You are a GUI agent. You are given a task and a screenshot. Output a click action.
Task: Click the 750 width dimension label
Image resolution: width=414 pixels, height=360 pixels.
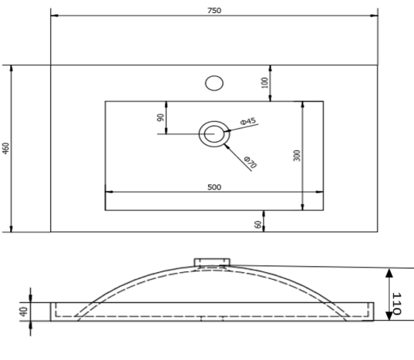point(214,11)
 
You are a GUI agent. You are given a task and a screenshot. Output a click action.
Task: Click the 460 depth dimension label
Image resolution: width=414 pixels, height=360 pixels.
point(5,148)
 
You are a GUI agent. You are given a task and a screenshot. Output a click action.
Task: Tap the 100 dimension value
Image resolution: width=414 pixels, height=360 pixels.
point(264,83)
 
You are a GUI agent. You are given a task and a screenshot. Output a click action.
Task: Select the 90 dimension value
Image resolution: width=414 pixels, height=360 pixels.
point(160,117)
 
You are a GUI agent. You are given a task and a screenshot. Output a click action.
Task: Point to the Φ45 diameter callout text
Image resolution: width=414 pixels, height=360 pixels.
point(248,121)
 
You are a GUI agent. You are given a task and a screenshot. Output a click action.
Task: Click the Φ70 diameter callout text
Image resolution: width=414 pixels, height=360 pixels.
point(250,162)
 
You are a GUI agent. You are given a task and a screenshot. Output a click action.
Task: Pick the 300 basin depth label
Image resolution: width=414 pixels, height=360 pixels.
point(297,155)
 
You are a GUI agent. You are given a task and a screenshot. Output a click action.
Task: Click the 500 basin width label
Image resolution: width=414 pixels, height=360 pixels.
point(214,187)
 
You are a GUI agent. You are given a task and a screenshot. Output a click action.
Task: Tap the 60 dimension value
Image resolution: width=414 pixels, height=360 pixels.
point(258,224)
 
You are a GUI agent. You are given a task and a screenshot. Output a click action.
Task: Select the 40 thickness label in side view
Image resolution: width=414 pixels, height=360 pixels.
point(24,311)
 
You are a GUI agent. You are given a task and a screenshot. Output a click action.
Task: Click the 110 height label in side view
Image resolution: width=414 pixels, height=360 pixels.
point(397,304)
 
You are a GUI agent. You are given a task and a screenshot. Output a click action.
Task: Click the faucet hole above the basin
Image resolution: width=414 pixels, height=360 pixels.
point(214,83)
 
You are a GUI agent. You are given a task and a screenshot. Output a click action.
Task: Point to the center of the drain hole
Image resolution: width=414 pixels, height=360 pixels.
point(214,134)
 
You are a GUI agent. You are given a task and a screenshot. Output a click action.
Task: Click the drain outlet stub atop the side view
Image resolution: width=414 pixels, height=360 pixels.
point(212,262)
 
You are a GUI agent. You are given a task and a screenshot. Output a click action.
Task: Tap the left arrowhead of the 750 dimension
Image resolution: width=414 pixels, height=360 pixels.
point(54,15)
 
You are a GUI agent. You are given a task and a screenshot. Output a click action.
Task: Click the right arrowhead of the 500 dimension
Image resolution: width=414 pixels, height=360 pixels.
point(319,192)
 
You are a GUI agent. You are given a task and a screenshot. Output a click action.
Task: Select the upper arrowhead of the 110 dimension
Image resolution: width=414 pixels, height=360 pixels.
point(389,273)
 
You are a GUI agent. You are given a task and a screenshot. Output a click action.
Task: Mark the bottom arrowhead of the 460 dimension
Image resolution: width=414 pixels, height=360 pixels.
point(11,229)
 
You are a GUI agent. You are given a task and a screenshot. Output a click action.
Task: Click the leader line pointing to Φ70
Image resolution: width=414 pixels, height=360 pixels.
point(238,158)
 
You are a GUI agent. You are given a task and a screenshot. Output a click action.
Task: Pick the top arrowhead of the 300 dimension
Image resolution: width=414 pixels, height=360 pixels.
point(303,105)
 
